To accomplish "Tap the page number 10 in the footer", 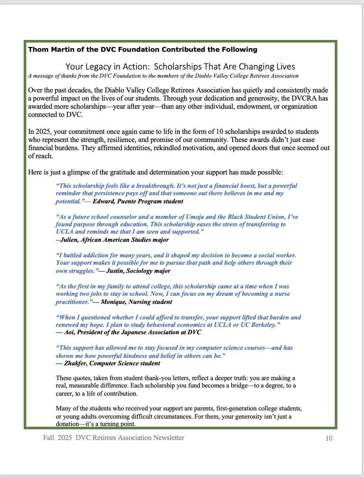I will click(x=329, y=438).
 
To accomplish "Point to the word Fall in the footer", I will click(x=48, y=438).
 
